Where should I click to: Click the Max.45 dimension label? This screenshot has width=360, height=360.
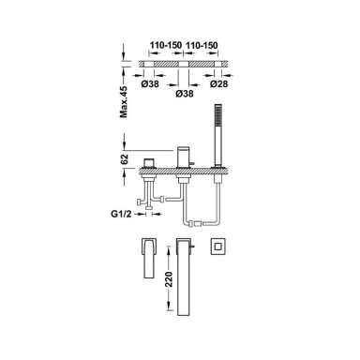pyautogui.click(x=124, y=102)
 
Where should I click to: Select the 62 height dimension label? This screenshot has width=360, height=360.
pyautogui.click(x=125, y=159)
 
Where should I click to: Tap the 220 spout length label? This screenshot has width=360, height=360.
pyautogui.click(x=169, y=279)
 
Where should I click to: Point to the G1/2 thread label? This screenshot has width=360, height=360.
pyautogui.click(x=121, y=214)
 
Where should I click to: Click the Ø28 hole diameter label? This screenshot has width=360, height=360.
pyautogui.click(x=218, y=83)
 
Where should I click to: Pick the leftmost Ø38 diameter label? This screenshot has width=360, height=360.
pyautogui.click(x=150, y=83)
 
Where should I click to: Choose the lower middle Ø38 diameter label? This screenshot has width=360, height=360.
pyautogui.click(x=184, y=94)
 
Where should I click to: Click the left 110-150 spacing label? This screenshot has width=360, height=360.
pyautogui.click(x=165, y=45)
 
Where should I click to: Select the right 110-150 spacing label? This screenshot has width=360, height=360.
pyautogui.click(x=202, y=45)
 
